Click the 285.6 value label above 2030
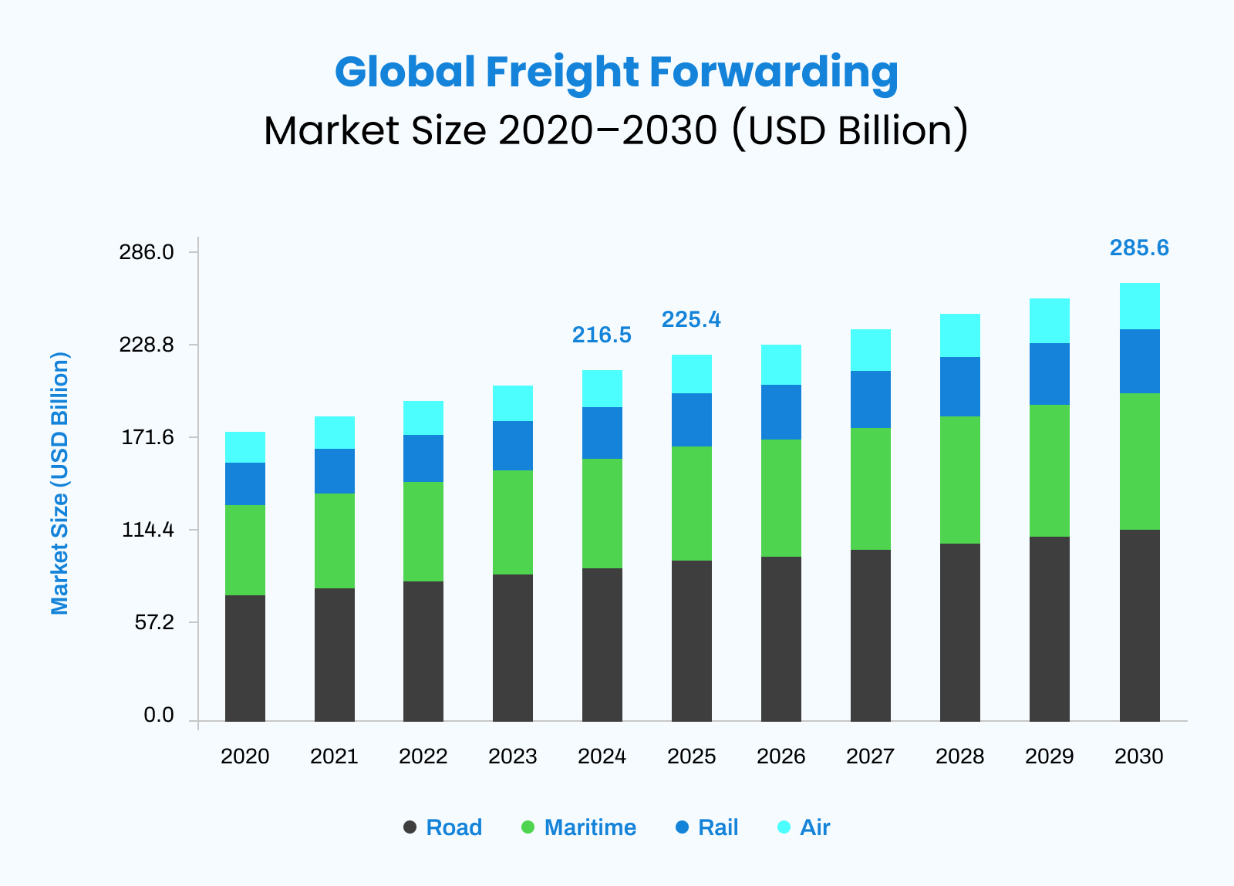(x=1139, y=248)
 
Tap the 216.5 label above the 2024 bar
(x=602, y=335)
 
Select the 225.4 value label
(x=691, y=319)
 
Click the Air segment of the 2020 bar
(x=245, y=447)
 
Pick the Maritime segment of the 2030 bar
(x=1139, y=461)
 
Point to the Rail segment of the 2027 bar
(x=871, y=399)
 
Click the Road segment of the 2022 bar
(x=423, y=652)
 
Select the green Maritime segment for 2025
(x=692, y=504)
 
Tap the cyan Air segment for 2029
(x=1050, y=321)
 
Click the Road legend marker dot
(x=410, y=827)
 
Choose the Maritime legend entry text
(x=590, y=827)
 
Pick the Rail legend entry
(x=717, y=827)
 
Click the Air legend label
(x=814, y=827)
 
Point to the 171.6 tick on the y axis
(x=147, y=438)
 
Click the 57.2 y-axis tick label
(x=153, y=622)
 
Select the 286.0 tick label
(x=147, y=252)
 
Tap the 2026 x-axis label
(x=781, y=756)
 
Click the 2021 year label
(x=334, y=756)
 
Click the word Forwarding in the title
(x=774, y=72)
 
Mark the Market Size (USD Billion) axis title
(x=60, y=483)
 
